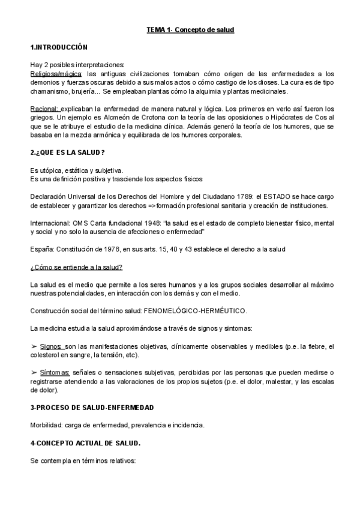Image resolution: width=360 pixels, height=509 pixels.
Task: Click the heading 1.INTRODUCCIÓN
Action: tap(59, 47)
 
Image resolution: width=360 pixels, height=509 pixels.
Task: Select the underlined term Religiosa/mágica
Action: tap(56, 74)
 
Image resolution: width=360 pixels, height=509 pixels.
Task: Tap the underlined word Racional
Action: tap(44, 109)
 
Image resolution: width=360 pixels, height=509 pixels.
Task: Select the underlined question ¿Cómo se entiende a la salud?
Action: tap(76, 267)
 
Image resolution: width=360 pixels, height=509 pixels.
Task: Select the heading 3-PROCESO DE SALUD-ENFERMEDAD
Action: tap(92, 408)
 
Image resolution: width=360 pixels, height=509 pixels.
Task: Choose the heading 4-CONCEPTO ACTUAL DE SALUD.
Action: tap(85, 443)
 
